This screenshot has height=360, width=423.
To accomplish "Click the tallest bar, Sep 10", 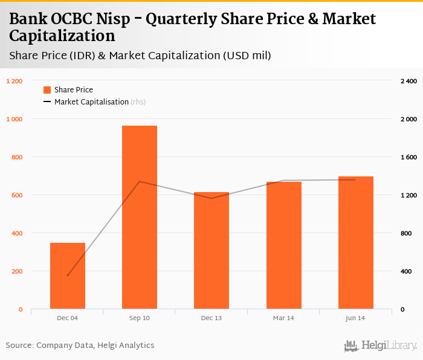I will click(140, 217).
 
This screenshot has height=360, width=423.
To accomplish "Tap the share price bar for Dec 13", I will click(211, 251).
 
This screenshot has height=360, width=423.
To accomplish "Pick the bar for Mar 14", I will click(283, 245).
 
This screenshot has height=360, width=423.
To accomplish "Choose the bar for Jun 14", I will click(355, 243).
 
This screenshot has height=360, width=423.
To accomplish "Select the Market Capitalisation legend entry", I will click(91, 102).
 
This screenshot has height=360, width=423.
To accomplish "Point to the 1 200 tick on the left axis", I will click(14, 81).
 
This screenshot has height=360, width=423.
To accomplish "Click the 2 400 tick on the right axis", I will click(408, 81).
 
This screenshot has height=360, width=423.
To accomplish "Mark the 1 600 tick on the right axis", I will click(408, 157).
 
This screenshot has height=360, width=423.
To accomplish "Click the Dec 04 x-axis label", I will click(68, 318).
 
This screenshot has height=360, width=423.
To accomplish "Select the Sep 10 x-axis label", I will click(140, 318).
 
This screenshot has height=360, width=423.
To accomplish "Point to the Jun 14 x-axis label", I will click(355, 318).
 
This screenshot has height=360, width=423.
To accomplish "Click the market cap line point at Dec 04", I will click(68, 275).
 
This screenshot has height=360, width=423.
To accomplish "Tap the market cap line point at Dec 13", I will click(211, 198).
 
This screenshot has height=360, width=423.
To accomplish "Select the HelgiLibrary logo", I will click(380, 346).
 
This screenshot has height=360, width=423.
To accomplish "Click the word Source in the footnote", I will click(19, 346).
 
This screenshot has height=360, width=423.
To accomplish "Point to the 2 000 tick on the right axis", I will click(408, 119).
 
